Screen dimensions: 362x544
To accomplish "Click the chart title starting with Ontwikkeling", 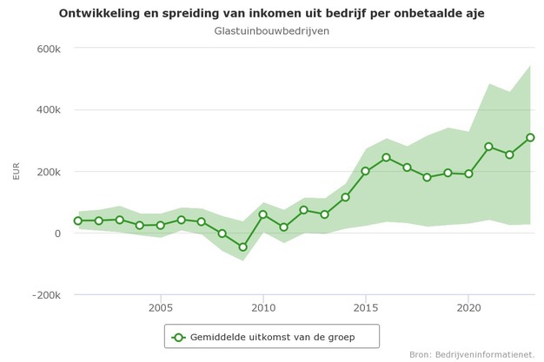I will click(x=271, y=13).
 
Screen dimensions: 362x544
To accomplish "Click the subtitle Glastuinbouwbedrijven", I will click(x=271, y=31).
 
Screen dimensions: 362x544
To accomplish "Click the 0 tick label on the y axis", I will click(x=56, y=234).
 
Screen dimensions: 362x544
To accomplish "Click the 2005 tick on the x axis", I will click(x=160, y=307).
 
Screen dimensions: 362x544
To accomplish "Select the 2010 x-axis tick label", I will click(x=263, y=307).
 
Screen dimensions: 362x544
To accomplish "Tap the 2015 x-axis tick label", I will click(x=366, y=307).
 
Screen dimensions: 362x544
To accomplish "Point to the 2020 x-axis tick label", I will click(x=468, y=307).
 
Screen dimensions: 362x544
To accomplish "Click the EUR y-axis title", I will click(x=16, y=171).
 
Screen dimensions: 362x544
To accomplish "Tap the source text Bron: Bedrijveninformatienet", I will click(x=472, y=354).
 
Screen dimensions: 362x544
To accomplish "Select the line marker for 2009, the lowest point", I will click(x=242, y=247).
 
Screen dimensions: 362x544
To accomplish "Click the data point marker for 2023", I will click(x=530, y=137).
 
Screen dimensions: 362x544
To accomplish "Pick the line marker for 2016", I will click(x=386, y=158).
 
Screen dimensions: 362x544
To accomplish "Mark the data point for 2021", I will click(x=489, y=147).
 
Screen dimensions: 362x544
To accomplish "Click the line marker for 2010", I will click(x=263, y=214).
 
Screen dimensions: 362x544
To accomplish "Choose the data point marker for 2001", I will click(x=78, y=220).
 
